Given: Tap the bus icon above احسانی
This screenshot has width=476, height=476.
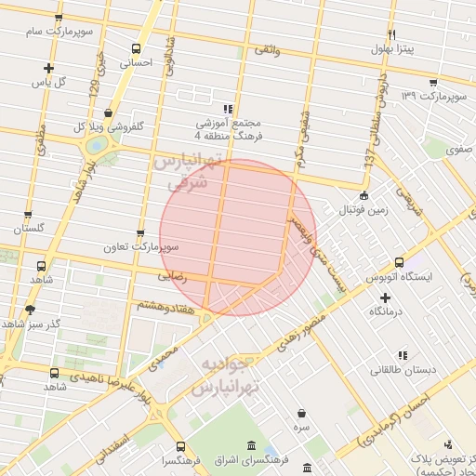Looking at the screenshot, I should [137, 49].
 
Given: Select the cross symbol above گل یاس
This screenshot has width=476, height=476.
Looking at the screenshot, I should [48, 68].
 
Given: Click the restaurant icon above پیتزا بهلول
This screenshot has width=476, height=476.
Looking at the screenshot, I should [392, 34].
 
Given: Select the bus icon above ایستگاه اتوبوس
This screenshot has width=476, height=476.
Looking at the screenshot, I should [399, 262].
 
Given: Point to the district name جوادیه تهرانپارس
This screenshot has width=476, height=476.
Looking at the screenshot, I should [223, 377].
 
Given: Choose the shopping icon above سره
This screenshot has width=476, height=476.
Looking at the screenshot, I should [301, 413].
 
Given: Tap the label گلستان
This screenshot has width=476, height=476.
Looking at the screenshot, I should [29, 228].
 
